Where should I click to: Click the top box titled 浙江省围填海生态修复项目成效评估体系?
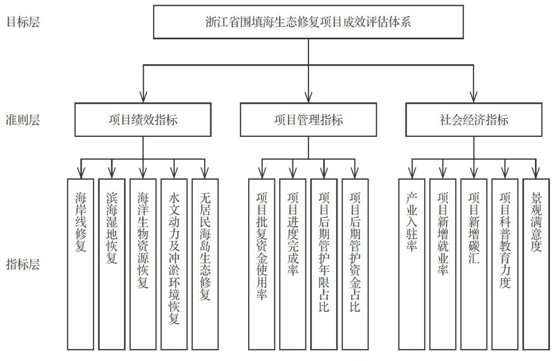pyautogui.click(x=308, y=22)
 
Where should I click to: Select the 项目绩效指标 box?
pyautogui.click(x=143, y=120)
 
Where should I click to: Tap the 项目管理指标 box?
pyautogui.click(x=308, y=120)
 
